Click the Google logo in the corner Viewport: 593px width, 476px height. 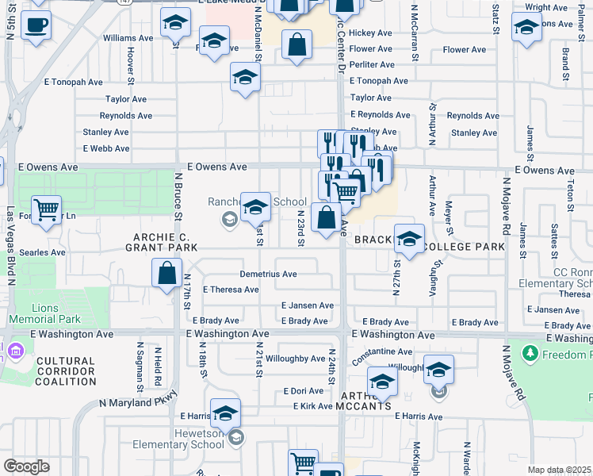(x=26, y=466)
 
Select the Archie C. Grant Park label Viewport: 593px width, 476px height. (x=161, y=242)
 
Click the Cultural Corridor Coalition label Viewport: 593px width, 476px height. (x=66, y=371)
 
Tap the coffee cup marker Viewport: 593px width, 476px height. (x=34, y=26)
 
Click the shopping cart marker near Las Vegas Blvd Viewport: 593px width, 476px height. (x=47, y=210)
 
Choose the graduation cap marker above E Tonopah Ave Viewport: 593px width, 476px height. (x=245, y=78)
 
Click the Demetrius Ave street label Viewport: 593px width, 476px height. (x=269, y=274)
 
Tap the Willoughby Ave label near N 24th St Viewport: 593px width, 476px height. (x=295, y=359)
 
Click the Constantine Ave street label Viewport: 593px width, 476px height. (x=382, y=351)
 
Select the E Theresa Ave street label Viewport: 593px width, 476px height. (x=231, y=290)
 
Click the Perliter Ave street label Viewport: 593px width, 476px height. (x=372, y=65)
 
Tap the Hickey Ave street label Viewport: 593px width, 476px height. (x=372, y=33)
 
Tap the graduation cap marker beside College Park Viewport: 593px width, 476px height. (x=409, y=239)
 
